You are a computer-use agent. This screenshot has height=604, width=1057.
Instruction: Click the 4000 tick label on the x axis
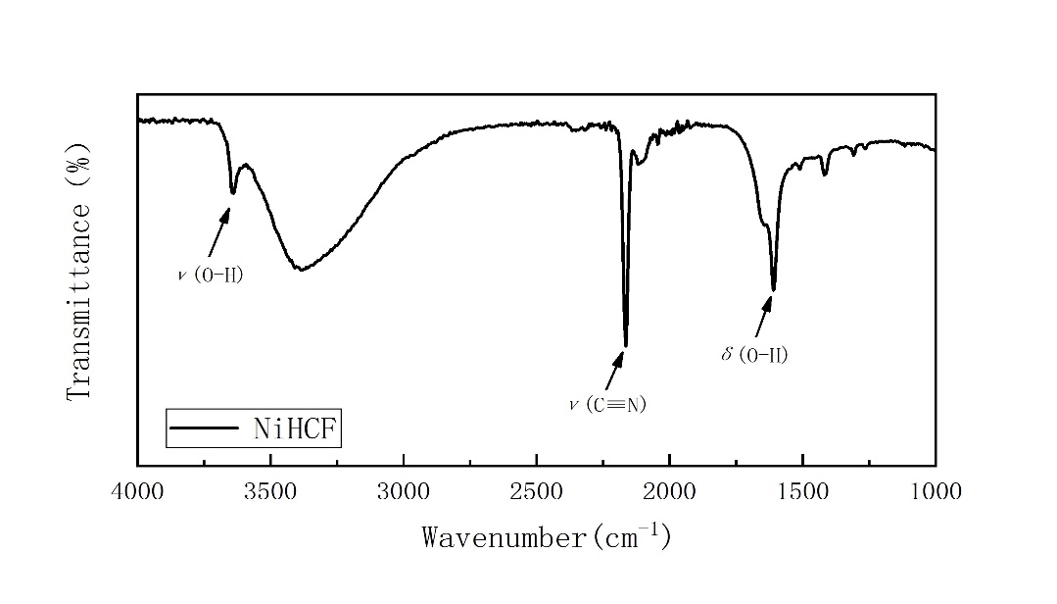(x=137, y=491)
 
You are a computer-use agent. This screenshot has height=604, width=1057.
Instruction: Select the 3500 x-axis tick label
(x=270, y=491)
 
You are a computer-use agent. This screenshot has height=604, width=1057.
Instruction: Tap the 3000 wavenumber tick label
(x=404, y=491)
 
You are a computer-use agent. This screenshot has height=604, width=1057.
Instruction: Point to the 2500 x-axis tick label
(x=537, y=491)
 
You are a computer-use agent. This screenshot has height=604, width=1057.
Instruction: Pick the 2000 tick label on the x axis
(x=670, y=491)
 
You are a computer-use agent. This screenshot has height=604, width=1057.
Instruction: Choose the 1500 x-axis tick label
(x=802, y=491)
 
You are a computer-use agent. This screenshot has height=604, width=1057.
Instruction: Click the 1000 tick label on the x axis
(x=936, y=491)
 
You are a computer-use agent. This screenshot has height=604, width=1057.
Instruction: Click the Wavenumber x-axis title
(x=547, y=536)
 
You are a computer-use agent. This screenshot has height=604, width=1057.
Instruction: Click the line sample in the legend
(x=204, y=428)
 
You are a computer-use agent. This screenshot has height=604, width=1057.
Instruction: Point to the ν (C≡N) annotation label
(x=607, y=404)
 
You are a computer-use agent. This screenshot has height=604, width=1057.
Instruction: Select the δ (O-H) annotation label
(x=754, y=354)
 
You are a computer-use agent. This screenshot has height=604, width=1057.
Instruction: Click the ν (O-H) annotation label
(x=210, y=276)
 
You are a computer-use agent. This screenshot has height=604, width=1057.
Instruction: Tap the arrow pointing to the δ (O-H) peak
(x=763, y=317)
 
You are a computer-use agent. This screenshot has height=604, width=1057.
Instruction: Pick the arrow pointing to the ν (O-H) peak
(x=218, y=231)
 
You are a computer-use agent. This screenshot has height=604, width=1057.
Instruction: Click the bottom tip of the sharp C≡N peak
(x=626, y=345)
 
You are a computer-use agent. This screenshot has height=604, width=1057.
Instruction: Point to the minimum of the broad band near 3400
(x=302, y=270)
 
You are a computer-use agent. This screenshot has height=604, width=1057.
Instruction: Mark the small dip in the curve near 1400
(x=825, y=175)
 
